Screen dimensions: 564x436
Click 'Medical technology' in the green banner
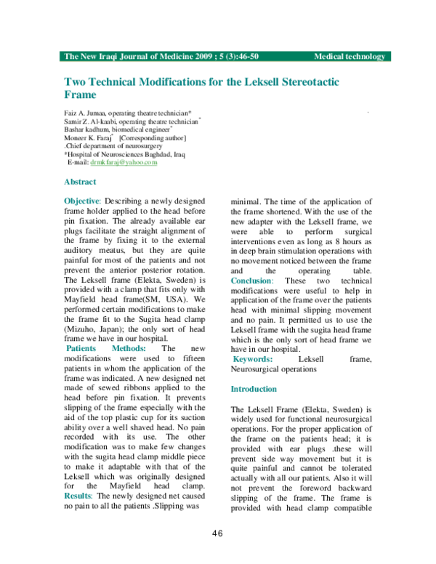tap(349, 56)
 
